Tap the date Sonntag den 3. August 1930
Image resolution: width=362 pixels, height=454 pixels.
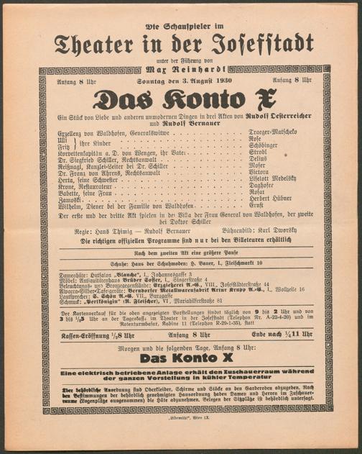pos(181,81)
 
